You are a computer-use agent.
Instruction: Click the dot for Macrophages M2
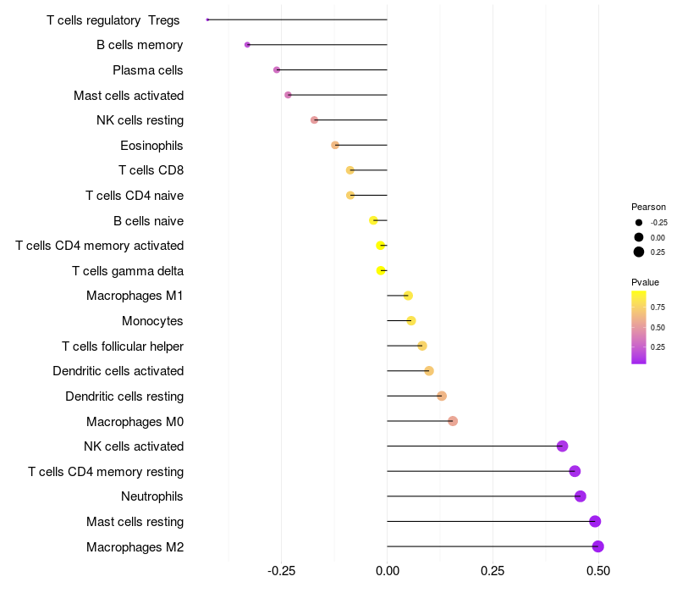point(597,546)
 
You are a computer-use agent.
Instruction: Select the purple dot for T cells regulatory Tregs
point(207,19)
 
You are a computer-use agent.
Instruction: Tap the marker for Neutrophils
point(580,496)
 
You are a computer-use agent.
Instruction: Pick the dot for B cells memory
point(247,45)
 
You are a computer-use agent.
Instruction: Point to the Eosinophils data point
point(335,145)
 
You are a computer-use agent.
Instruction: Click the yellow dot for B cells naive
point(373,220)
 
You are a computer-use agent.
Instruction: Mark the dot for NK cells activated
point(562,446)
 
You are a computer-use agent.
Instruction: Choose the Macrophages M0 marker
point(453,421)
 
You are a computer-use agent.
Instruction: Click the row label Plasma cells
point(148,70)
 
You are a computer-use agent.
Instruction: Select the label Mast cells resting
point(135,522)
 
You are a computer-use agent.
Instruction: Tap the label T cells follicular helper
point(123,346)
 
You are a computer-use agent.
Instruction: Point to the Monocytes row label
point(152,321)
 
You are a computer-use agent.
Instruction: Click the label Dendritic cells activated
point(118,371)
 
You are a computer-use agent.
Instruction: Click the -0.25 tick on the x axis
point(281,571)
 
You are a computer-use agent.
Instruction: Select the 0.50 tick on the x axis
point(598,571)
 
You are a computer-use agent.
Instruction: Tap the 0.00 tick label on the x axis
point(387,571)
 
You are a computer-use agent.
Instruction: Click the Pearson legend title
point(648,207)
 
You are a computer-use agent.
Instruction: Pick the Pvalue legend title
point(645,282)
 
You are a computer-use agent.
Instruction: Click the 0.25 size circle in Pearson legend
point(639,252)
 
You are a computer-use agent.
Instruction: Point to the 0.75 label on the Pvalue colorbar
point(658,308)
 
